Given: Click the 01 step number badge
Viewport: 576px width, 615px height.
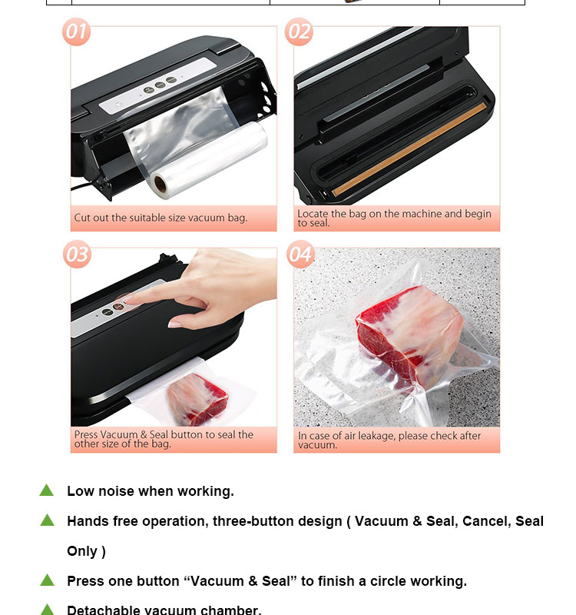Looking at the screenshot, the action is [76, 32].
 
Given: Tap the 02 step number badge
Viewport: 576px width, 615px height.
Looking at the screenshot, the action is [299, 32].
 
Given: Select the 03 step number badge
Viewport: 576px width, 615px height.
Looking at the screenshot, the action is [77, 254].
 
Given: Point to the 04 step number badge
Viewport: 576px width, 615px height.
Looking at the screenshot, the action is [300, 254].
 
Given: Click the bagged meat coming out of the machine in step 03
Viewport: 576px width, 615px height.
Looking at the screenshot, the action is [197, 400].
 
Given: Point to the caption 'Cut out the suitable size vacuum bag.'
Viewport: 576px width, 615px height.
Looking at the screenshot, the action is [161, 218].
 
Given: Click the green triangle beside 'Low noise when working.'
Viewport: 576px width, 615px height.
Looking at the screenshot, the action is [47, 490].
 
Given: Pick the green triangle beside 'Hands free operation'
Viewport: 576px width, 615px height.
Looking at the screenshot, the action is [48, 520].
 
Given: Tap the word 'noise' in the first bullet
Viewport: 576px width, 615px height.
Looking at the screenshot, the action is [117, 491].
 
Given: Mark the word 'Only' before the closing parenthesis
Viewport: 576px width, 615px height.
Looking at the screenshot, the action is [82, 551].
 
